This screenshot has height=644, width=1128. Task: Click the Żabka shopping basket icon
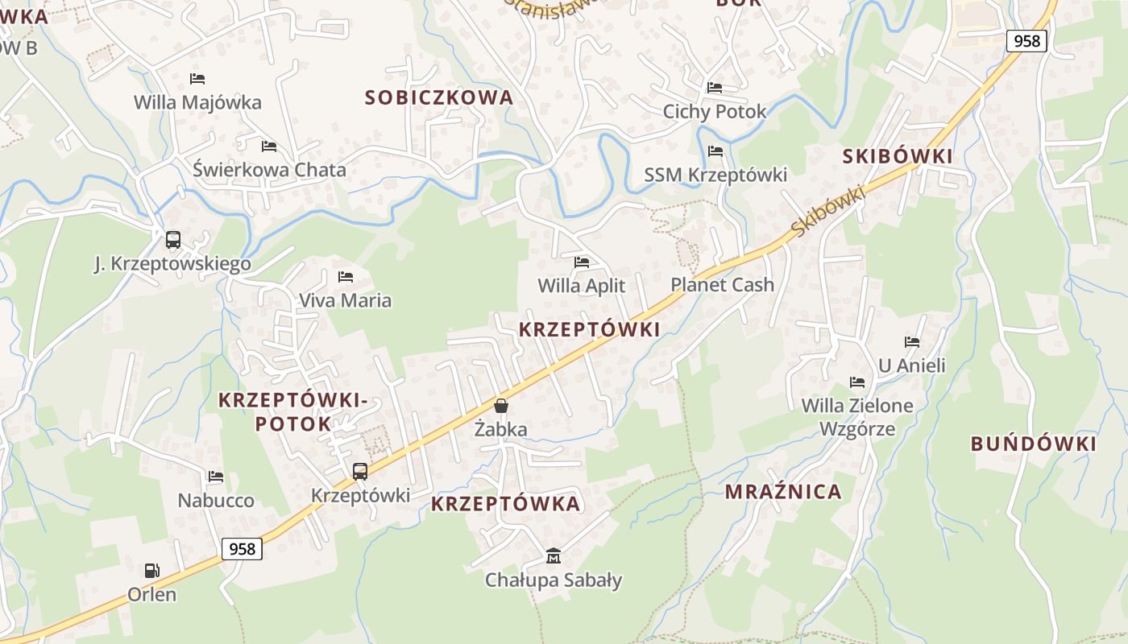(x=501, y=406)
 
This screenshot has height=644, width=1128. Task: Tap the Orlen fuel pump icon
(x=151, y=571)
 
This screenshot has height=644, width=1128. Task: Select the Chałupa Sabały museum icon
(x=554, y=555)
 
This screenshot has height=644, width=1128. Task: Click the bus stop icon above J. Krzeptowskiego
(x=172, y=239)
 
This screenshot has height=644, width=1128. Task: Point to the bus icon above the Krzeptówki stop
(x=360, y=472)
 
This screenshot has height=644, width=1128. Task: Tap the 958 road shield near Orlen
(x=242, y=549)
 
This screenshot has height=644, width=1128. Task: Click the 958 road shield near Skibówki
(x=1026, y=40)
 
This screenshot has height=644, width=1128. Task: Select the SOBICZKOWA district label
(x=439, y=97)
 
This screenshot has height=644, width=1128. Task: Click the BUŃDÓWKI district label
(x=1033, y=444)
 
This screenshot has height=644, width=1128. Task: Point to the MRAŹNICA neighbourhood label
(x=783, y=492)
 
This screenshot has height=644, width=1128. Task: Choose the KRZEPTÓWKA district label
(x=505, y=504)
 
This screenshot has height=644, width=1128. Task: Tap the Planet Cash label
(x=722, y=285)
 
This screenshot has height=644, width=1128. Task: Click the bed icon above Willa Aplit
(x=582, y=262)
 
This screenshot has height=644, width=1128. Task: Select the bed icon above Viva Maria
(x=346, y=277)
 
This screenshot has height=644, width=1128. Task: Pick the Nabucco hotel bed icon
(x=215, y=477)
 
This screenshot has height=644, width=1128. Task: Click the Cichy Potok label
(x=715, y=111)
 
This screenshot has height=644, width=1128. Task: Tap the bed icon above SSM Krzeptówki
(x=715, y=151)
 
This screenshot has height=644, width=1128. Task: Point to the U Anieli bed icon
(x=912, y=342)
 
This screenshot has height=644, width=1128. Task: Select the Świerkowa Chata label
(x=269, y=170)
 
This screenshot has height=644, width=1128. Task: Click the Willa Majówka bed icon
(x=197, y=79)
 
